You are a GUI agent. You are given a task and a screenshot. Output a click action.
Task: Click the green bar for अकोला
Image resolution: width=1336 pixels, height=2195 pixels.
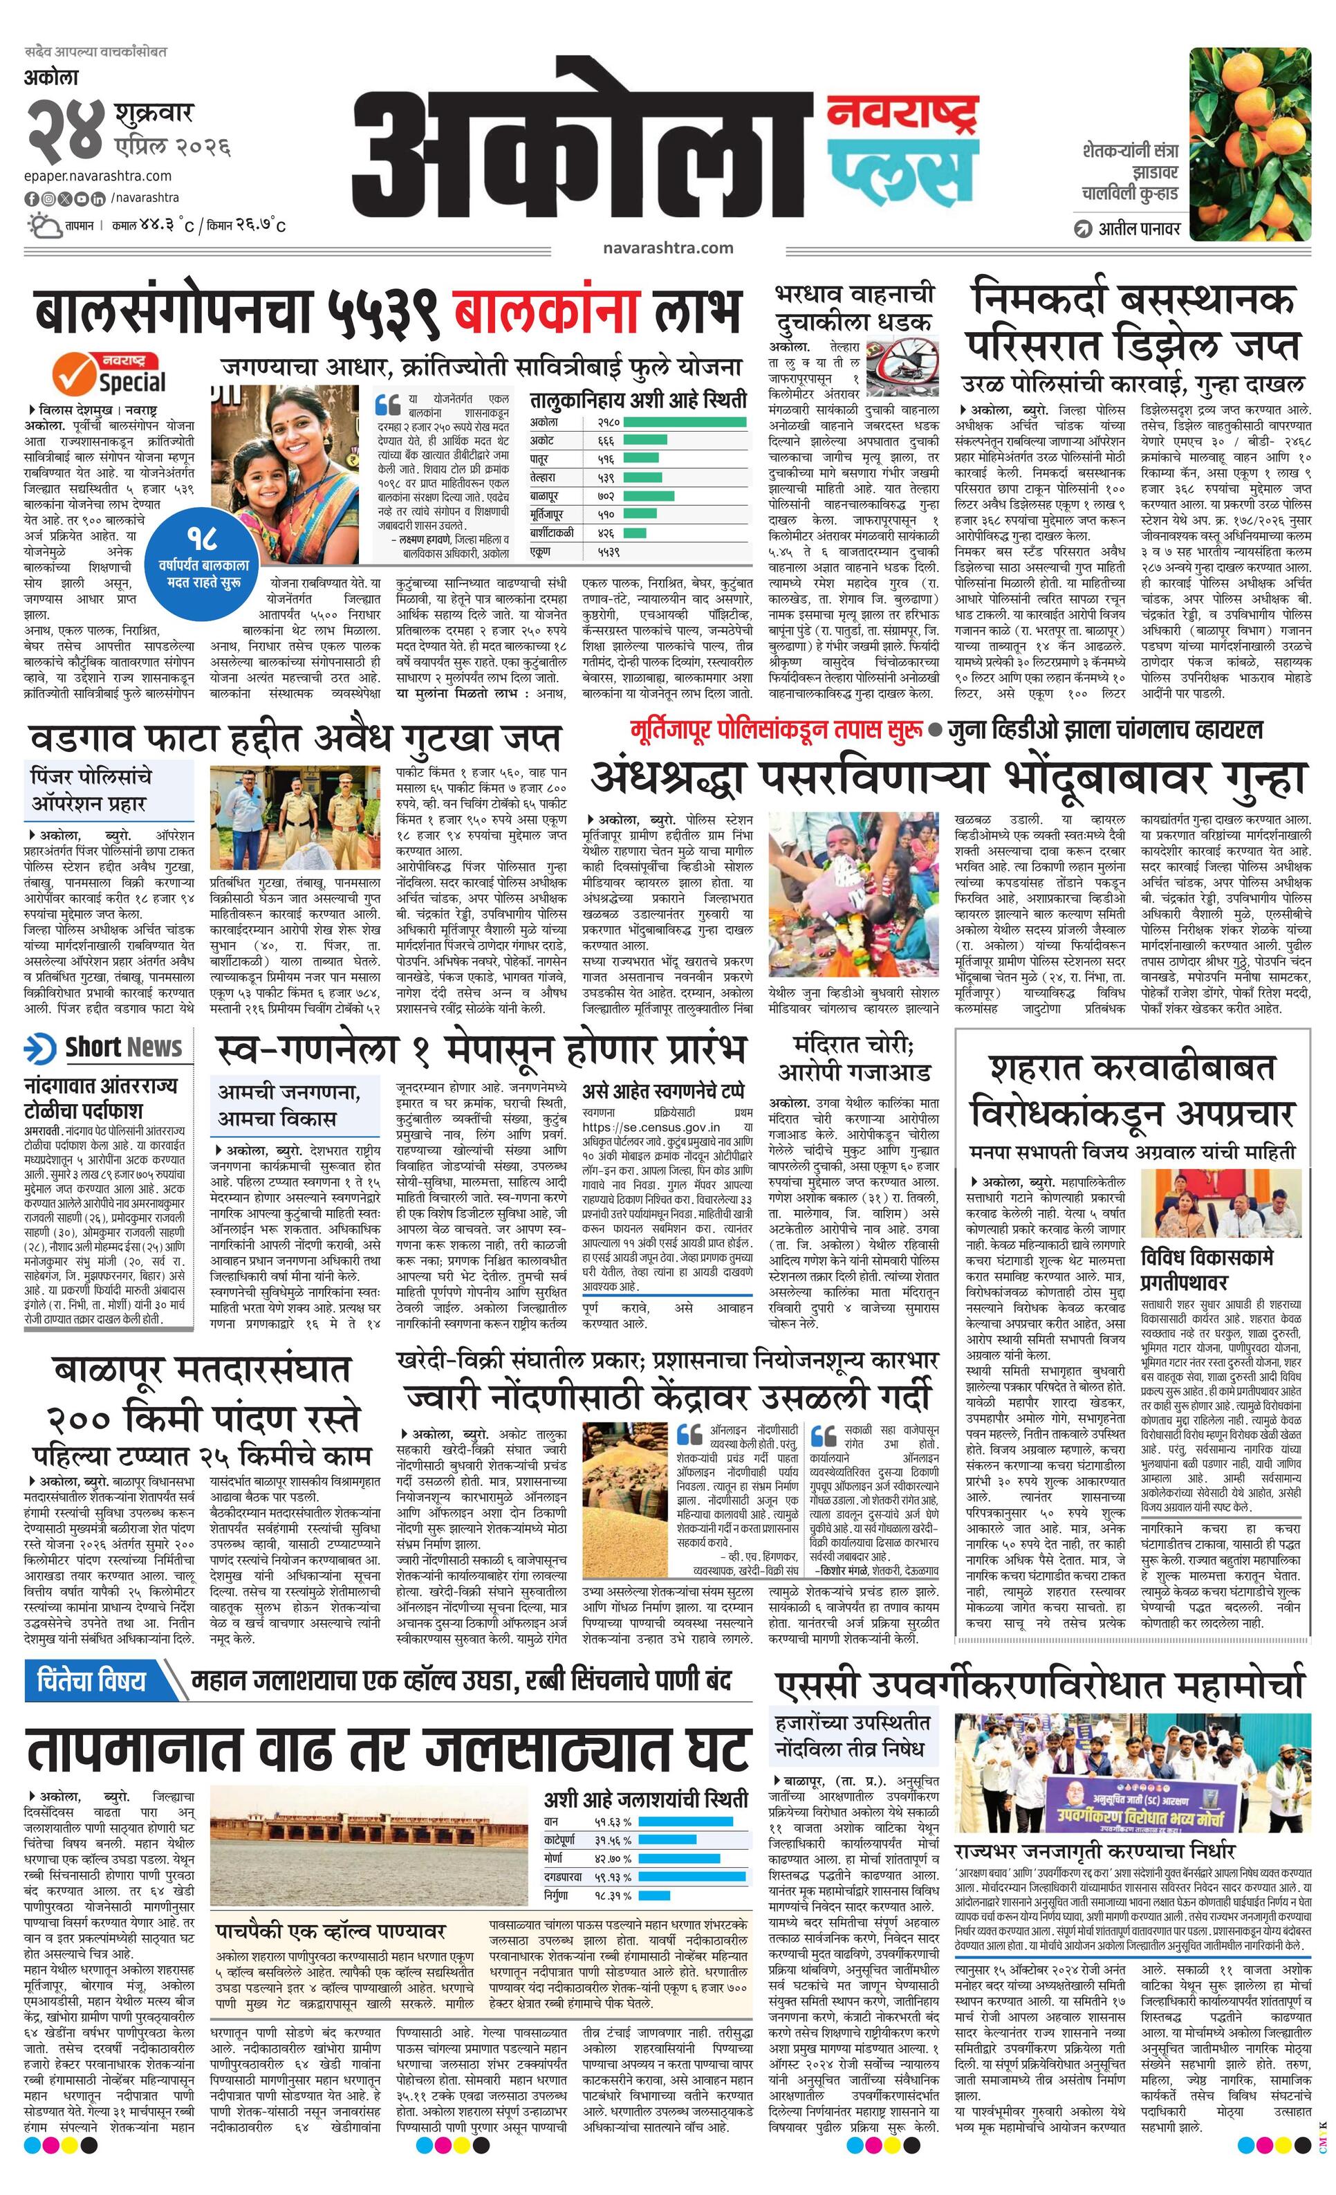click(x=684, y=421)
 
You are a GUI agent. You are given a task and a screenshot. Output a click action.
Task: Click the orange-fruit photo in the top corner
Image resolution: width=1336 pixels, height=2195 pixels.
click(x=1249, y=143)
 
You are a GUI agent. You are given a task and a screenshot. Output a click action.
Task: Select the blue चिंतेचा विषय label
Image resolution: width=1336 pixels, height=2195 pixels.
click(x=93, y=1681)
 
